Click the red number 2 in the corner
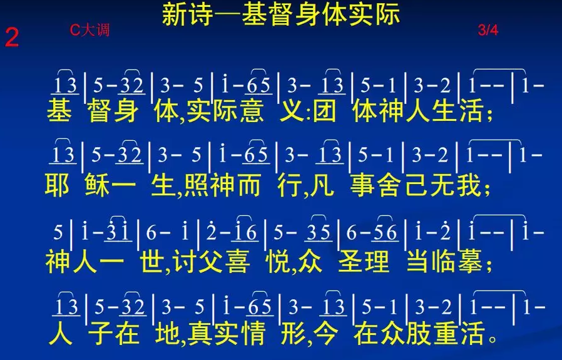(x=11, y=38)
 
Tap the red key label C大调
(x=89, y=30)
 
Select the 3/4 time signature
(x=488, y=30)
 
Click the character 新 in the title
(x=175, y=14)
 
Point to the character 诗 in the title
(x=201, y=14)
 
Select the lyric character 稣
(x=98, y=185)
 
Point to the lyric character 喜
(x=237, y=262)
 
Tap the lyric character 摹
(x=470, y=262)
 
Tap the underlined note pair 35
(x=319, y=232)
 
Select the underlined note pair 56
(x=386, y=232)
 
